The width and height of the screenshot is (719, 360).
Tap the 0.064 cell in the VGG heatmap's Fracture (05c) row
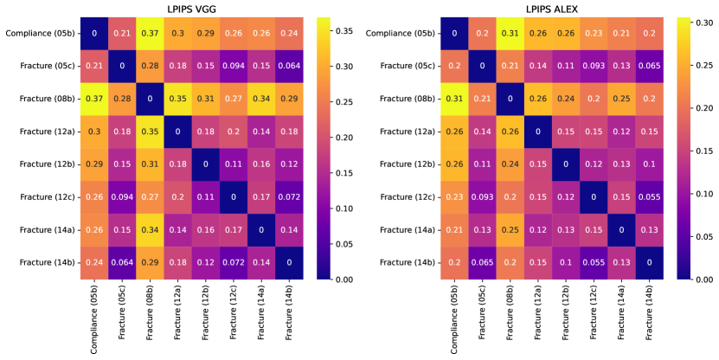tap(287, 66)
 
